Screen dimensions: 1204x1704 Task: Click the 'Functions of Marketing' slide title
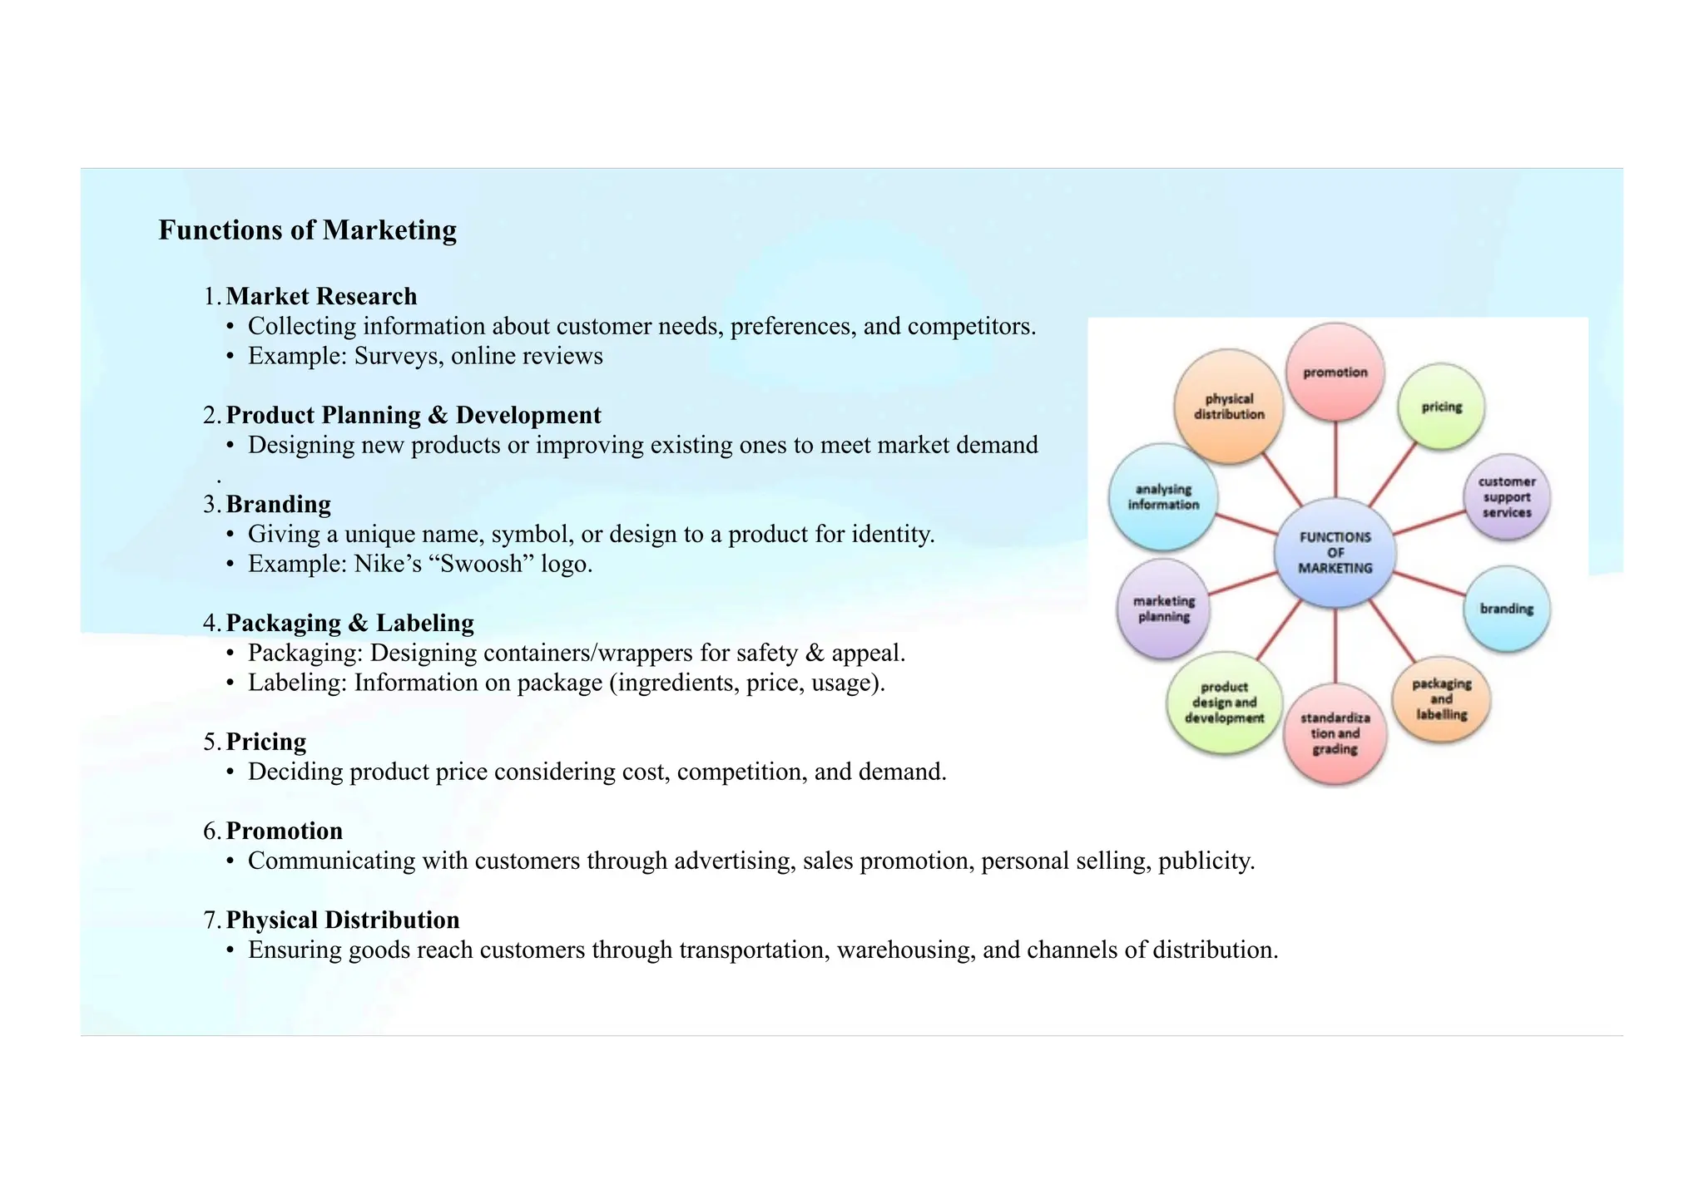[307, 230]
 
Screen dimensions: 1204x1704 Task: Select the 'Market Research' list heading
[321, 296]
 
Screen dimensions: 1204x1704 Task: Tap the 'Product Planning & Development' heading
[413, 415]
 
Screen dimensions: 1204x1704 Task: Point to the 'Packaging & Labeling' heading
[349, 623]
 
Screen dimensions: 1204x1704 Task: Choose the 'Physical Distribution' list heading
[342, 920]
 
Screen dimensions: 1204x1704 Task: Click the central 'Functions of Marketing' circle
[1335, 553]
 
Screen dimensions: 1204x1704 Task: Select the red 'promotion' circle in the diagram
[1335, 373]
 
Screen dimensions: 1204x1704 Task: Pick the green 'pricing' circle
[1441, 407]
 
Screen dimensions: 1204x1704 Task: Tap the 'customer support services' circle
[1506, 497]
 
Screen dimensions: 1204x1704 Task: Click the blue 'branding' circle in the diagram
[1506, 609]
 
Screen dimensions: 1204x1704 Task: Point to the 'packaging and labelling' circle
[1441, 699]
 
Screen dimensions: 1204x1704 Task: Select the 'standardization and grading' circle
[1335, 733]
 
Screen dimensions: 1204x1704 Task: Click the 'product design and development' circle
[1224, 703]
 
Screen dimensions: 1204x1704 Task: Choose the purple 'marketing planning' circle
[1163, 609]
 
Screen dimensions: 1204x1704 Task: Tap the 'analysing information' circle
[1163, 497]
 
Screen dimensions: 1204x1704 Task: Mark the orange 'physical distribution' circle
[1229, 407]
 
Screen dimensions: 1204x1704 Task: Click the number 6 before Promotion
[211, 831]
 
